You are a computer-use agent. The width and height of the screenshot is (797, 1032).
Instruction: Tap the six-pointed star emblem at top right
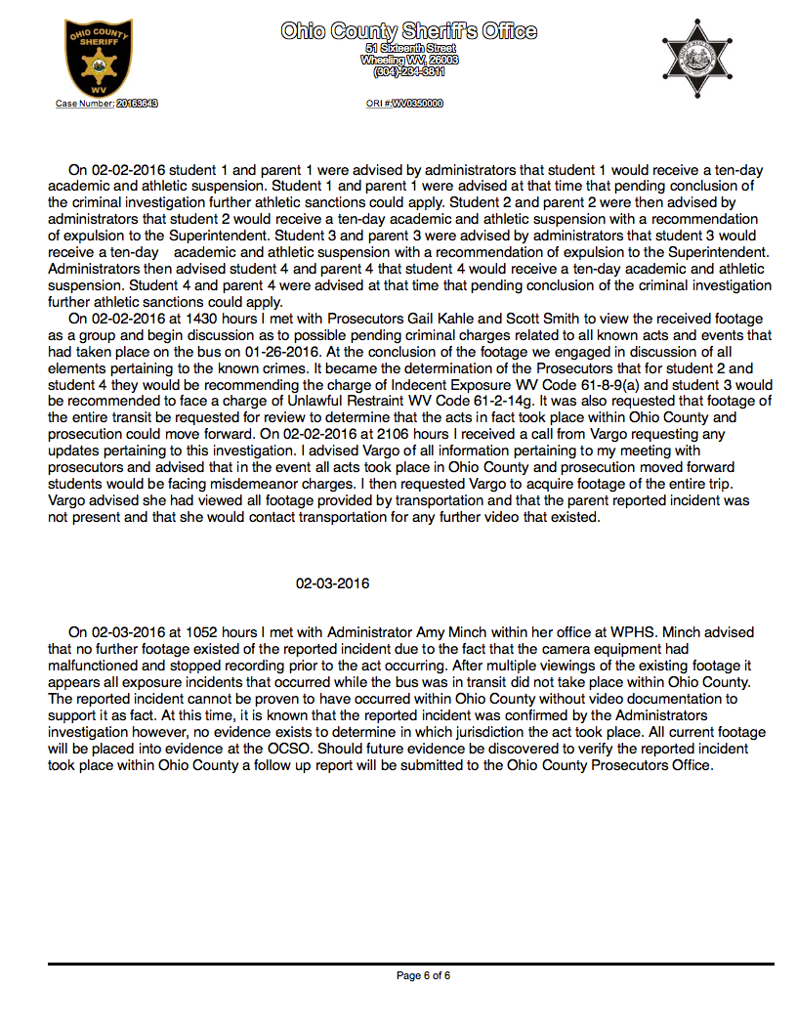point(696,58)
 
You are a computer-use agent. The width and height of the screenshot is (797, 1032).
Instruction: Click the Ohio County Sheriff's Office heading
point(408,31)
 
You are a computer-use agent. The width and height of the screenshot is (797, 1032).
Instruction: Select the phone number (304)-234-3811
point(408,71)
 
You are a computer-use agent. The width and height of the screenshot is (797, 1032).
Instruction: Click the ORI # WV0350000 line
point(404,103)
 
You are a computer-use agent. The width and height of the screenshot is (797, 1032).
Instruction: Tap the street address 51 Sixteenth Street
point(409,47)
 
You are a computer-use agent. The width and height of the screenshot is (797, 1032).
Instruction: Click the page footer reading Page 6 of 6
point(423,975)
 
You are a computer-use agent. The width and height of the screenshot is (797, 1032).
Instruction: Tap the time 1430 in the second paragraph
point(169,320)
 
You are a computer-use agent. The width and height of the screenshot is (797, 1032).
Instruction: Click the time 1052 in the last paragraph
point(169,632)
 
